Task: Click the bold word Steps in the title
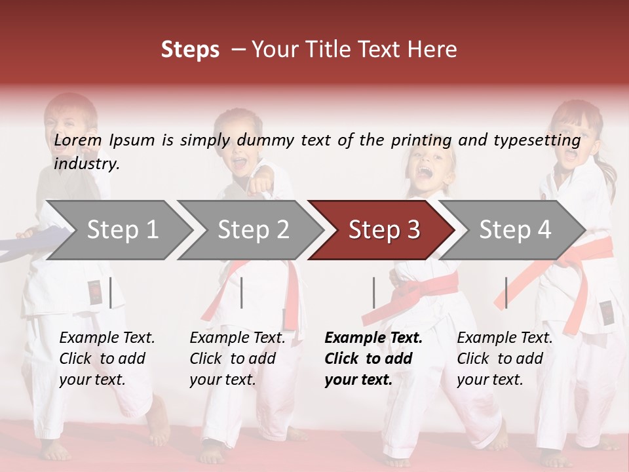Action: coord(190,49)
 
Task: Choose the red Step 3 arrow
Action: coord(384,230)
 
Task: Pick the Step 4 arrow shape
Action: coord(515,230)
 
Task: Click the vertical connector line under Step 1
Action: coord(111,292)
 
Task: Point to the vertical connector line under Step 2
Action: coord(242,292)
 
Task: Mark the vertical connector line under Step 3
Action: coord(373,292)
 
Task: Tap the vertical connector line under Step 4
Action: coord(506,292)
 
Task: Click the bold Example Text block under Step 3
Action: coord(373,359)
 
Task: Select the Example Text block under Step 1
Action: coord(107,359)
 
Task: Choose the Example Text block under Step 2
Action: coord(237,359)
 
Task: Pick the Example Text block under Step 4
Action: coord(505,359)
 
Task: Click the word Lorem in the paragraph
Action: coord(78,140)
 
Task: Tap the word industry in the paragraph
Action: coord(86,164)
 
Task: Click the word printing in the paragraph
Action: coord(421,140)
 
